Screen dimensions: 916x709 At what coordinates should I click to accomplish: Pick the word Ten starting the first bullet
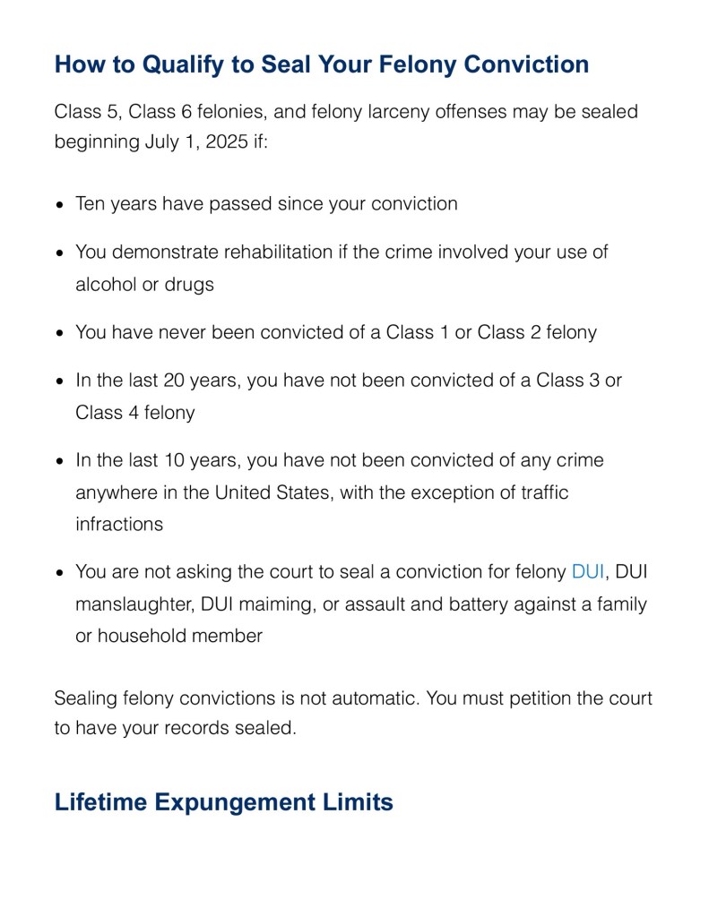pos(91,203)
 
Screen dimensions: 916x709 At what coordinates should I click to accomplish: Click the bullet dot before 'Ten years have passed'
pos(59,205)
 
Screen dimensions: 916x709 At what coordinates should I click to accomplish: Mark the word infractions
pos(119,525)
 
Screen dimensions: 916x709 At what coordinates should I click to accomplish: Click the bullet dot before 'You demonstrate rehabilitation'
pos(59,253)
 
